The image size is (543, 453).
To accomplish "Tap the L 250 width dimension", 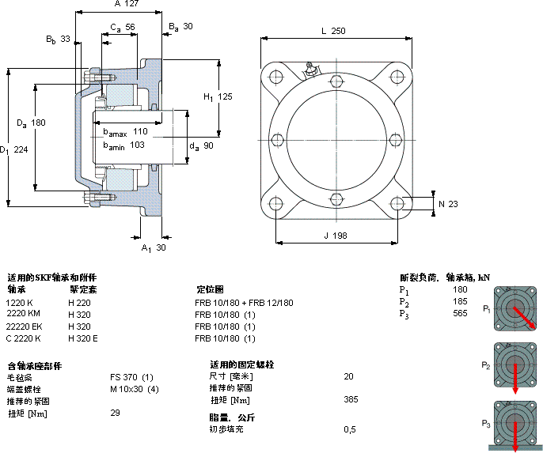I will click(332, 31).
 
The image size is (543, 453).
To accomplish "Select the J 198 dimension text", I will click(336, 236).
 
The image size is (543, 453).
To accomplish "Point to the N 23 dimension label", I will click(447, 205).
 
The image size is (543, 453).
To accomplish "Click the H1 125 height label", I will click(218, 97).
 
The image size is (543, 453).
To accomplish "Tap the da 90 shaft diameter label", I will click(202, 145).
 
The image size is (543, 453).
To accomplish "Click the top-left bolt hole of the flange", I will click(276, 77).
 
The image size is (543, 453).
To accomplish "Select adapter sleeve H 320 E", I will click(83, 338).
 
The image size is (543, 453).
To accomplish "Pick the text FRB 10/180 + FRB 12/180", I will click(244, 303).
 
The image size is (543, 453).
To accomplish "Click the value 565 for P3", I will click(460, 314).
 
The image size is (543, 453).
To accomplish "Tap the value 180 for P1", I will click(460, 289).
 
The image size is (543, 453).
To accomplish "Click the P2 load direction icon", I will click(516, 364).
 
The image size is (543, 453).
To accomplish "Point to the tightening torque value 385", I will click(351, 400).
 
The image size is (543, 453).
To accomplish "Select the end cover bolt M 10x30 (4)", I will click(135, 388).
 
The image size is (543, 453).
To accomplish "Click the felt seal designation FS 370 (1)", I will click(131, 376).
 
